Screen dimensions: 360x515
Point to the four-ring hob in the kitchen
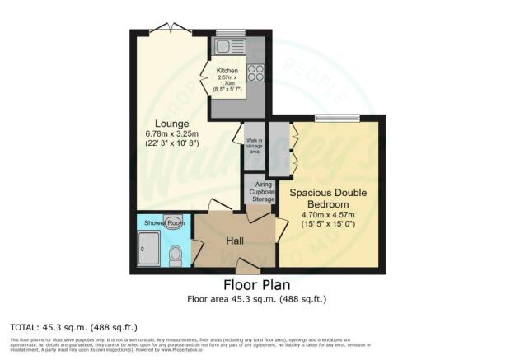tap(255, 72)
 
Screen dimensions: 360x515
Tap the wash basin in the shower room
tap(173, 222)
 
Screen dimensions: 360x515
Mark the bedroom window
tap(337, 117)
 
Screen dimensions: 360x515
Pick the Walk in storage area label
tap(254, 146)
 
